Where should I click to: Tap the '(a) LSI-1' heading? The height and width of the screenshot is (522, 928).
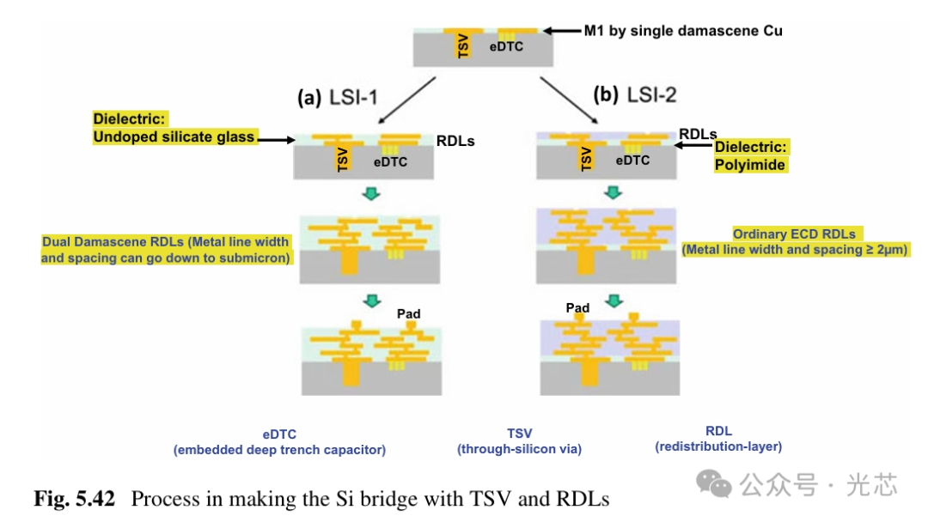point(338,97)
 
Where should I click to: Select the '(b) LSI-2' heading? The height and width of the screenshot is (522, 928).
point(633,94)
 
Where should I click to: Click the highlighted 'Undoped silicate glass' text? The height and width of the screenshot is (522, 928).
point(174,137)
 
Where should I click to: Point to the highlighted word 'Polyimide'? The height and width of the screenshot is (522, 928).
point(750,165)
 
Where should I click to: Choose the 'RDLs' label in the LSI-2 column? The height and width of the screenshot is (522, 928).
point(698,134)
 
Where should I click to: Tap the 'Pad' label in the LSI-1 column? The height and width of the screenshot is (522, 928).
point(408,313)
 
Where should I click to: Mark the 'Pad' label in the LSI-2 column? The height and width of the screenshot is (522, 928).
point(577,307)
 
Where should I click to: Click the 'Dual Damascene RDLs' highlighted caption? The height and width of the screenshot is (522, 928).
point(166,250)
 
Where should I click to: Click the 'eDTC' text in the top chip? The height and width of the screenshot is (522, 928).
point(506,46)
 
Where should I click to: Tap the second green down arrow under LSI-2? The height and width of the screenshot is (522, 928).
point(613,300)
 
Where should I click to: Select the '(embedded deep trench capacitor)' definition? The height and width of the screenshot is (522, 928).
point(279,450)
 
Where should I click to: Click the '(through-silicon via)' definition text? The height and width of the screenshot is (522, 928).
point(519,449)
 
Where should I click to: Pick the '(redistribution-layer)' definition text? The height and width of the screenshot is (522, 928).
point(718,446)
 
